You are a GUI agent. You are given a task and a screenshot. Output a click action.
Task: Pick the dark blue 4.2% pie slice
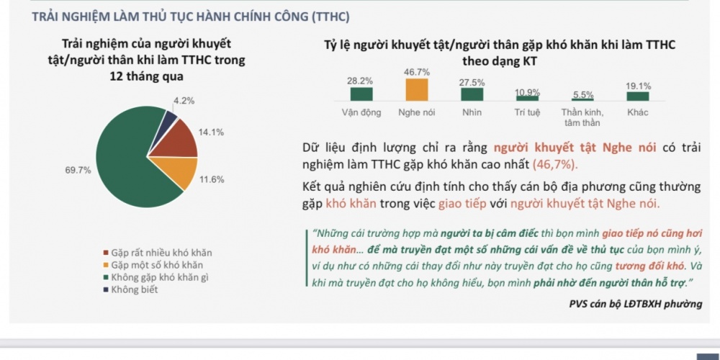169,118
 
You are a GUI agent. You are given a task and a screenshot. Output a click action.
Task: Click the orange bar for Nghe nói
416,89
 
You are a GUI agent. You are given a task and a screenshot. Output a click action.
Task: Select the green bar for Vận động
361,94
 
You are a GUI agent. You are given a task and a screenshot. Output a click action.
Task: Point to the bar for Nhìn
472,94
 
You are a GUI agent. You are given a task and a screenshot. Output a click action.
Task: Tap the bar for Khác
637,96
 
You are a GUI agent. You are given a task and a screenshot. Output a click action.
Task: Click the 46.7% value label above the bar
416,72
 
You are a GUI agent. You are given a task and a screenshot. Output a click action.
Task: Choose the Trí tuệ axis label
527,113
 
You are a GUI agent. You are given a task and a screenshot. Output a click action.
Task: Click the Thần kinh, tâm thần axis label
582,117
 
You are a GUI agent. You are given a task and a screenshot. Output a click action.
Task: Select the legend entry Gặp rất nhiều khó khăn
161,253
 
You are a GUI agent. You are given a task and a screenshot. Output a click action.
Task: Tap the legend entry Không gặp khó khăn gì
159,277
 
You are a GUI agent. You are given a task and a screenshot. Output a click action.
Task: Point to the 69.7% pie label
78,171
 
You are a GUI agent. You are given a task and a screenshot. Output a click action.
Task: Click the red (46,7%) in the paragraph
555,163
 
